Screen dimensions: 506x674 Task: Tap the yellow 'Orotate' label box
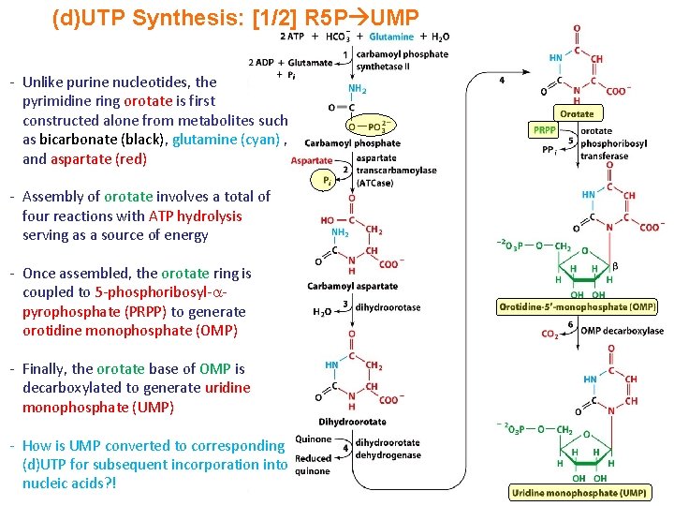tap(577, 113)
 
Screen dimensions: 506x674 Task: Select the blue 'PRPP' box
tap(544, 130)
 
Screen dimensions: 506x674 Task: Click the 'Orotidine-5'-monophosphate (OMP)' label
tap(577, 306)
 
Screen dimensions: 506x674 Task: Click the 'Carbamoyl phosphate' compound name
tap(352, 143)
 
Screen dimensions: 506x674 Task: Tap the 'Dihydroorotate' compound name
tap(352, 422)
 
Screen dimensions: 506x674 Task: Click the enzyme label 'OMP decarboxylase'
tap(622, 331)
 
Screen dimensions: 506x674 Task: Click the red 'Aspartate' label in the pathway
tap(312, 161)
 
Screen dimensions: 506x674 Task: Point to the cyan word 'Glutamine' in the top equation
tap(391, 37)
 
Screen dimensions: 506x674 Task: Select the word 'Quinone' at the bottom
tap(313, 439)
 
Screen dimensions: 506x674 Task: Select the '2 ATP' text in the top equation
tap(292, 37)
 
